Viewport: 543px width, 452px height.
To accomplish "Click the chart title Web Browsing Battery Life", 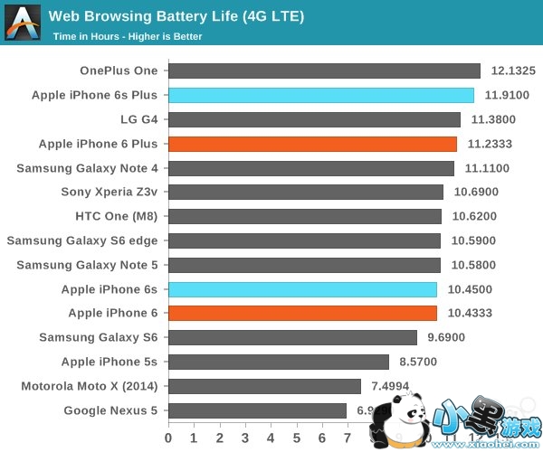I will (x=176, y=16).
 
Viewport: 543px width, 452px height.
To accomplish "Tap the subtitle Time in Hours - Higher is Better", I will (x=128, y=37).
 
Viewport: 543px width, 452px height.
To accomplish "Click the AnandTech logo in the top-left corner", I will (x=22, y=22).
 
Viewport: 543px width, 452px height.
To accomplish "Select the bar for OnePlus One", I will (x=324, y=71).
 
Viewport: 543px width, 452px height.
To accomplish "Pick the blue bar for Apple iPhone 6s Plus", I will (x=320, y=95).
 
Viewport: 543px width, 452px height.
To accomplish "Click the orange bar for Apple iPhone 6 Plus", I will (x=312, y=144).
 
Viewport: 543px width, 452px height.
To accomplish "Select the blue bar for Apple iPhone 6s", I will (x=302, y=289).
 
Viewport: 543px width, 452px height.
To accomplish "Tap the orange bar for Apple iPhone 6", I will (x=302, y=314).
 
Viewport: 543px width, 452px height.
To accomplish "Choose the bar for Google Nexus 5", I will (x=257, y=410).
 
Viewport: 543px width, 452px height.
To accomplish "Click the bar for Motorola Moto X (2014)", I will (x=264, y=386).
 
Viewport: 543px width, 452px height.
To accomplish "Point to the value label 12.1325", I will (x=513, y=71).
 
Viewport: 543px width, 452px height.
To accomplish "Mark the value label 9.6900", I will (x=449, y=338).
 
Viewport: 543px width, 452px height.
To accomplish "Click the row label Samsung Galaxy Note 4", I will (x=87, y=168).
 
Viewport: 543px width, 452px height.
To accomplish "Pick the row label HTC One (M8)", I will (x=117, y=216).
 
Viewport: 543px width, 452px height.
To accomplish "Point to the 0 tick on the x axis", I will (x=168, y=436).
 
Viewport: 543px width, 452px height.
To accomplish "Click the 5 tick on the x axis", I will (x=296, y=436).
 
